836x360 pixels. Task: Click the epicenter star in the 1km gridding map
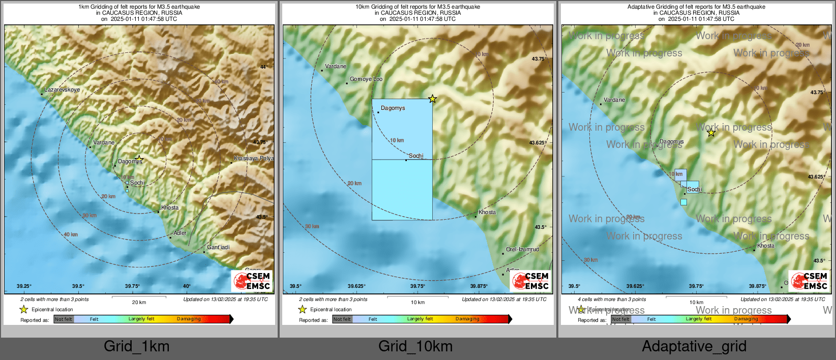pyautogui.click(x=139, y=159)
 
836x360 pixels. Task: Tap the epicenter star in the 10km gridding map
pyautogui.click(x=432, y=99)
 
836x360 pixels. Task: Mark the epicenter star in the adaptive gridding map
pyautogui.click(x=711, y=133)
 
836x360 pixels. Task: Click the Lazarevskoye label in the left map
pyautogui.click(x=62, y=89)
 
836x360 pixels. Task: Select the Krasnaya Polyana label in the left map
pyautogui.click(x=253, y=158)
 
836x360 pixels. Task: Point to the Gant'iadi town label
pyautogui.click(x=218, y=247)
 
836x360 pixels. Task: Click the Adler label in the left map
pyautogui.click(x=180, y=233)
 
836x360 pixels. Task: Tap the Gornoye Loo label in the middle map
pyautogui.click(x=366, y=79)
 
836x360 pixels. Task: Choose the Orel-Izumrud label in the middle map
pyautogui.click(x=522, y=249)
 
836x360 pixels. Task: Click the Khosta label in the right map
pyautogui.click(x=766, y=246)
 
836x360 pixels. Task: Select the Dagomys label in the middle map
pyautogui.click(x=393, y=108)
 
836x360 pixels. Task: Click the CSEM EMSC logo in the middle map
pyautogui.click(x=530, y=281)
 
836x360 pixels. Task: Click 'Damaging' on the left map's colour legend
pyautogui.click(x=189, y=319)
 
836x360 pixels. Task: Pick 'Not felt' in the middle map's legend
pyautogui.click(x=342, y=319)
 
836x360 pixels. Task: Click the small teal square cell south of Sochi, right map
pyautogui.click(x=683, y=202)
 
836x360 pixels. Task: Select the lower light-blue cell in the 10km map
pyautogui.click(x=402, y=190)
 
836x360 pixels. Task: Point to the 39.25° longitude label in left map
pyautogui.click(x=24, y=286)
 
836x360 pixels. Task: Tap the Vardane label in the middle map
pyautogui.click(x=336, y=66)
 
